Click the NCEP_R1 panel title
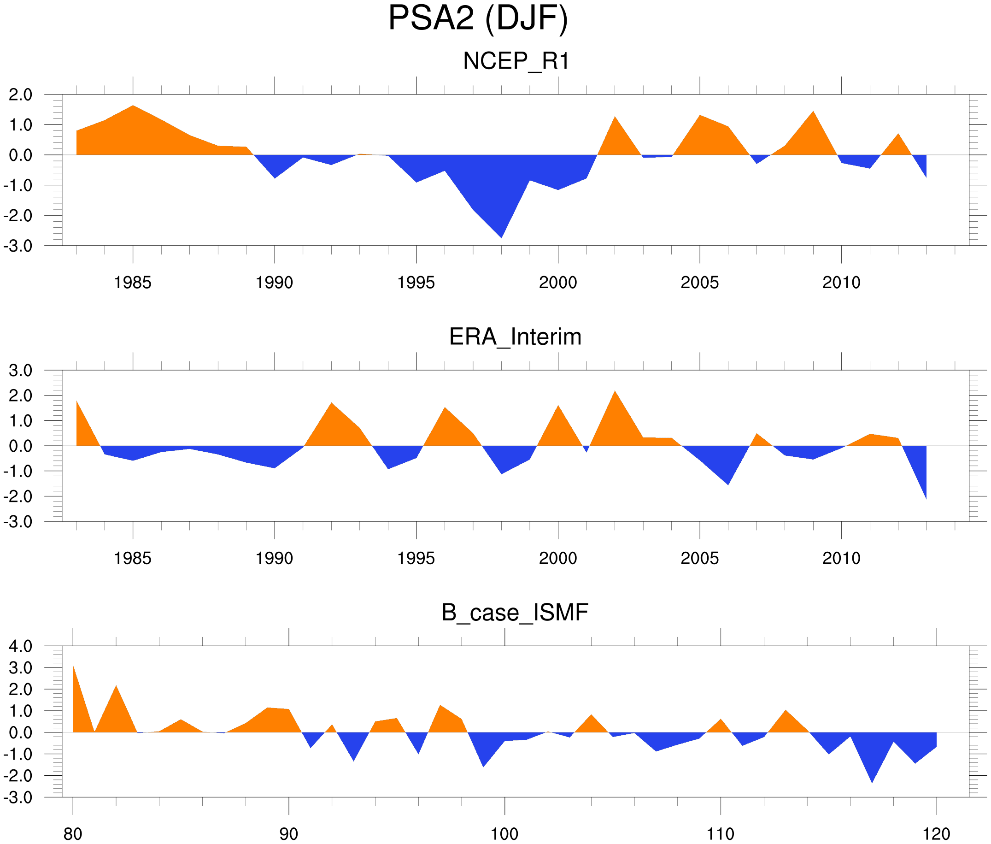coord(516,61)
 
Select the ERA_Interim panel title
coord(515,337)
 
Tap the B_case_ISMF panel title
coord(515,613)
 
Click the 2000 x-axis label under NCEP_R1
coord(557,283)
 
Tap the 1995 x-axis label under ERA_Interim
coord(416,558)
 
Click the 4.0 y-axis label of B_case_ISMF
coord(21,646)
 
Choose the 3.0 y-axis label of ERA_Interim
coord(21,370)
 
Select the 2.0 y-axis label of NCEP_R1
coord(21,95)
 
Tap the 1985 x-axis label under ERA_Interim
coord(133,558)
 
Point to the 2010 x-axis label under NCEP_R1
coord(841,283)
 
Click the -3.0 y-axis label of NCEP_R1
coord(18,246)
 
